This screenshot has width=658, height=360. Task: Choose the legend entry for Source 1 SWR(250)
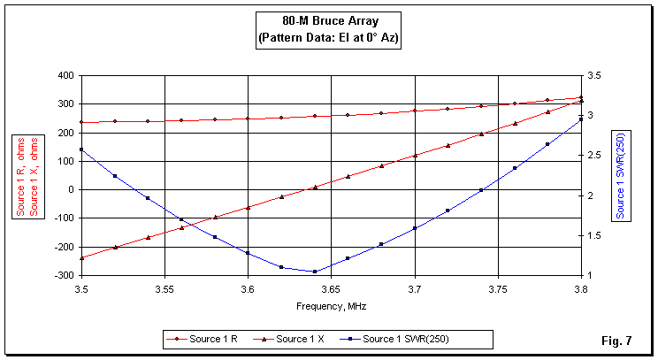pyautogui.click(x=406, y=338)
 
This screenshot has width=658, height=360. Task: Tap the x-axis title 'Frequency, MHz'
pyautogui.click(x=331, y=306)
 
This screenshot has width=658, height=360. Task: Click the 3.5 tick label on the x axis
pyautogui.click(x=81, y=288)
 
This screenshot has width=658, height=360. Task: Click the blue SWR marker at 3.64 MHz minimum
pyautogui.click(x=314, y=272)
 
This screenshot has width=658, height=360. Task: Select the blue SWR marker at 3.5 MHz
pyautogui.click(x=81, y=149)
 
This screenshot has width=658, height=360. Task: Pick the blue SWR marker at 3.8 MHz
pyautogui.click(x=581, y=119)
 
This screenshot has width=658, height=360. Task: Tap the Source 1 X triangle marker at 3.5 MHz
pyautogui.click(x=81, y=258)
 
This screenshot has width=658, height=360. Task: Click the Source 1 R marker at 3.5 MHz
pyautogui.click(x=81, y=122)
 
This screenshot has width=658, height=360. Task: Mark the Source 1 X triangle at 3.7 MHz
pyautogui.click(x=415, y=156)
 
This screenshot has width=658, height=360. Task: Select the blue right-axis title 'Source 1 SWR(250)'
pyautogui.click(x=621, y=174)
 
